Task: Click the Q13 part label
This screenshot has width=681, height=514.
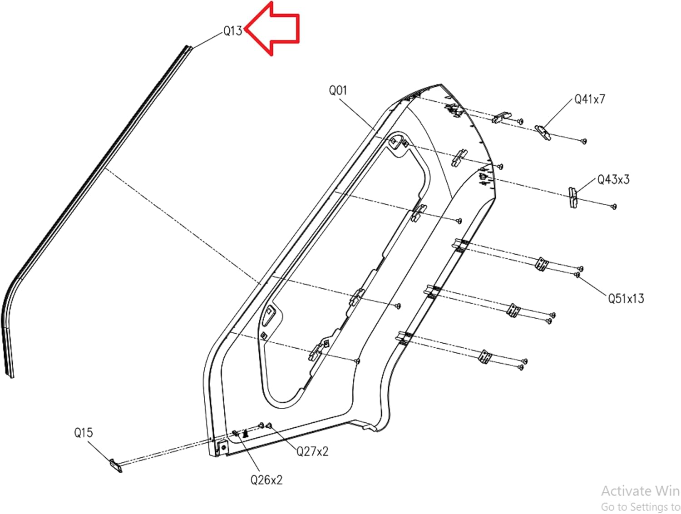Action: point(232,31)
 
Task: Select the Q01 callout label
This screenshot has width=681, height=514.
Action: point(338,90)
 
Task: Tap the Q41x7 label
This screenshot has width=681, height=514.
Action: point(590,99)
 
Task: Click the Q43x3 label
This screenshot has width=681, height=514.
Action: point(613,180)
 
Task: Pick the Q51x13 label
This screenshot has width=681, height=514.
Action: point(626,298)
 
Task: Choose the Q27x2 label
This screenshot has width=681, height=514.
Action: point(312,451)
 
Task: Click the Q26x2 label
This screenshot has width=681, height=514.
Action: point(266,480)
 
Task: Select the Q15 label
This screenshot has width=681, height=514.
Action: point(84,432)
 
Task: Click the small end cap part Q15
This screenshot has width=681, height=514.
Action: point(116,465)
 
